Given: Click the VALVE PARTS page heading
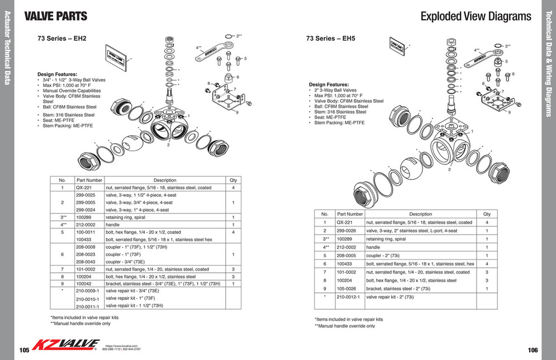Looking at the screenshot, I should point(55,16).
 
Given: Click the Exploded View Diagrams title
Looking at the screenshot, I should point(476,16).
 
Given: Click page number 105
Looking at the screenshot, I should point(24,350).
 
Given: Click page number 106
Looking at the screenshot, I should point(532,350).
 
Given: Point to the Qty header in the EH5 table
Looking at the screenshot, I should point(487,214).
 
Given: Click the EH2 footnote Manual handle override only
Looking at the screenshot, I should point(80,324).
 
